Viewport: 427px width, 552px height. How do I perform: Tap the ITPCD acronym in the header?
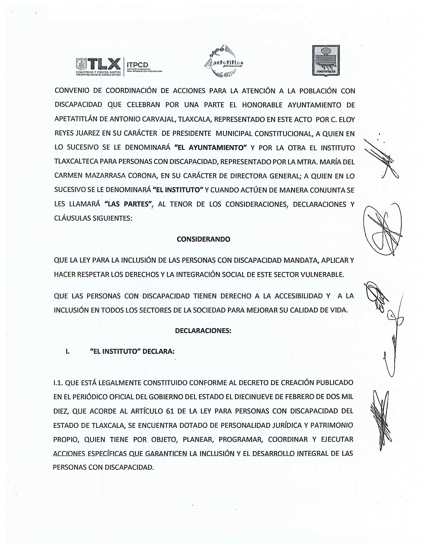[x=137, y=65]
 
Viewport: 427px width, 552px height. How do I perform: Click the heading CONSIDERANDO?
[x=203, y=239]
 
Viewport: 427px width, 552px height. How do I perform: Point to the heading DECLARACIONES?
[x=203, y=331]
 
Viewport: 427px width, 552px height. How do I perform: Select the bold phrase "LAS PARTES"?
[x=128, y=204]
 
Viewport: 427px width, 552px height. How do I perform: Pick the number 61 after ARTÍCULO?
[x=170, y=411]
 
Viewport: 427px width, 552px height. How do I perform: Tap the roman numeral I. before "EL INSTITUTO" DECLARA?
[x=67, y=352]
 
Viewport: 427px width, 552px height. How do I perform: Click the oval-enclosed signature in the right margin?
[x=382, y=229]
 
